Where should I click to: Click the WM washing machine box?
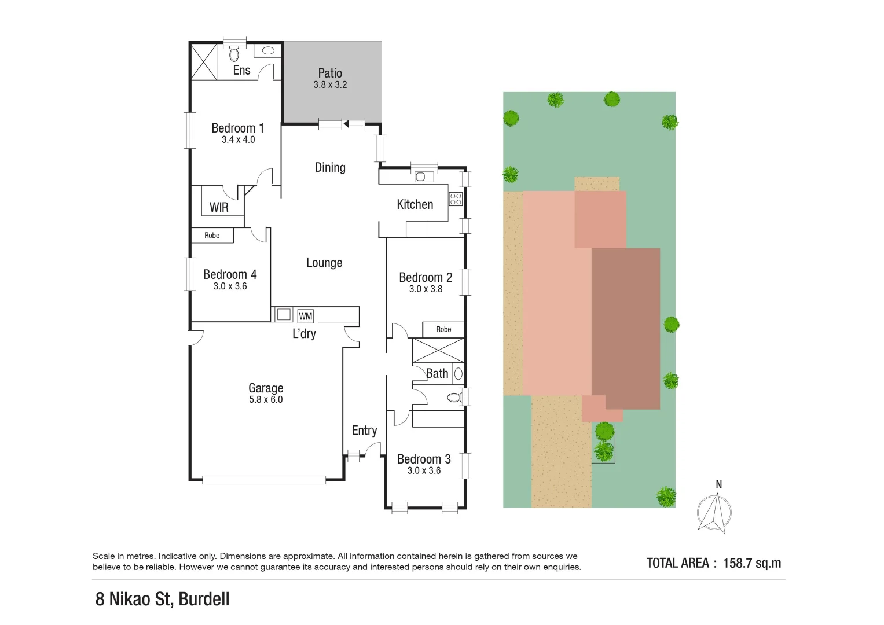coord(305,316)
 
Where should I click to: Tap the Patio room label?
coord(330,73)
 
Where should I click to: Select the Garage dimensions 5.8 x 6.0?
coord(266,400)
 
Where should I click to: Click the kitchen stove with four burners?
coord(456,200)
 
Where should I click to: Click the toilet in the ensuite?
coord(234,54)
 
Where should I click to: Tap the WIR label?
coord(219,207)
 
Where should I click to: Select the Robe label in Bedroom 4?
coord(212,236)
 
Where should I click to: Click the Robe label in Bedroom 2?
coord(443,329)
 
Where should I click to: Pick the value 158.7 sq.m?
coord(752,563)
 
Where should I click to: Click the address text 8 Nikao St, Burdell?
coord(163,599)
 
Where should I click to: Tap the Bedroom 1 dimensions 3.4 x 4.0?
coord(238,139)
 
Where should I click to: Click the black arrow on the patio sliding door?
coord(346,123)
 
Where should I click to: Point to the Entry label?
coord(364,430)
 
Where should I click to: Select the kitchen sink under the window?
coord(421,177)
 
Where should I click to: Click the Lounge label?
coord(324,263)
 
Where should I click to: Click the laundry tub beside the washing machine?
coord(284,315)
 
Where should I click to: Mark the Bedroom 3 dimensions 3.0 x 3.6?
coord(424,470)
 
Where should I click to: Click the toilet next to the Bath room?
coord(454,398)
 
